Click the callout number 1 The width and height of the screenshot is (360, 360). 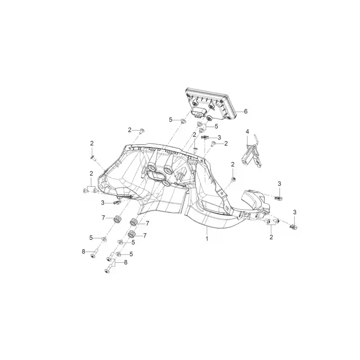coord(207,238)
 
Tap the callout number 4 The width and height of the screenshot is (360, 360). coord(247,131)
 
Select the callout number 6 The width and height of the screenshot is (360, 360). coord(246,111)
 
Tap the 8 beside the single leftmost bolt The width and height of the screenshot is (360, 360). coord(83,252)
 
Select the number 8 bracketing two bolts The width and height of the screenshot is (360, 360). coord(126,262)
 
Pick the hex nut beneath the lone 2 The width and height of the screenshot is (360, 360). coord(233,179)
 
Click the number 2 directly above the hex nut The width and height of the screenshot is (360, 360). coord(233,164)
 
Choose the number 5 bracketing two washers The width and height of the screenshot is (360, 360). coord(216,126)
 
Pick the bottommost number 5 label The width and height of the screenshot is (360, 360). coord(131,254)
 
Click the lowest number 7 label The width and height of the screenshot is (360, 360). coord(144,236)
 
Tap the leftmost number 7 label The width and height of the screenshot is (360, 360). coord(103,218)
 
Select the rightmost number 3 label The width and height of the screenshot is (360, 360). coord(295,212)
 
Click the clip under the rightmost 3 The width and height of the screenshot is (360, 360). coord(294,227)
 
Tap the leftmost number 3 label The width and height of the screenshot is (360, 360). coord(103,203)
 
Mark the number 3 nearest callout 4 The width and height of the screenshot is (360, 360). coord(219,138)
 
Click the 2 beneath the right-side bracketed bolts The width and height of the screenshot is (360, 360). coord(271,237)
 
